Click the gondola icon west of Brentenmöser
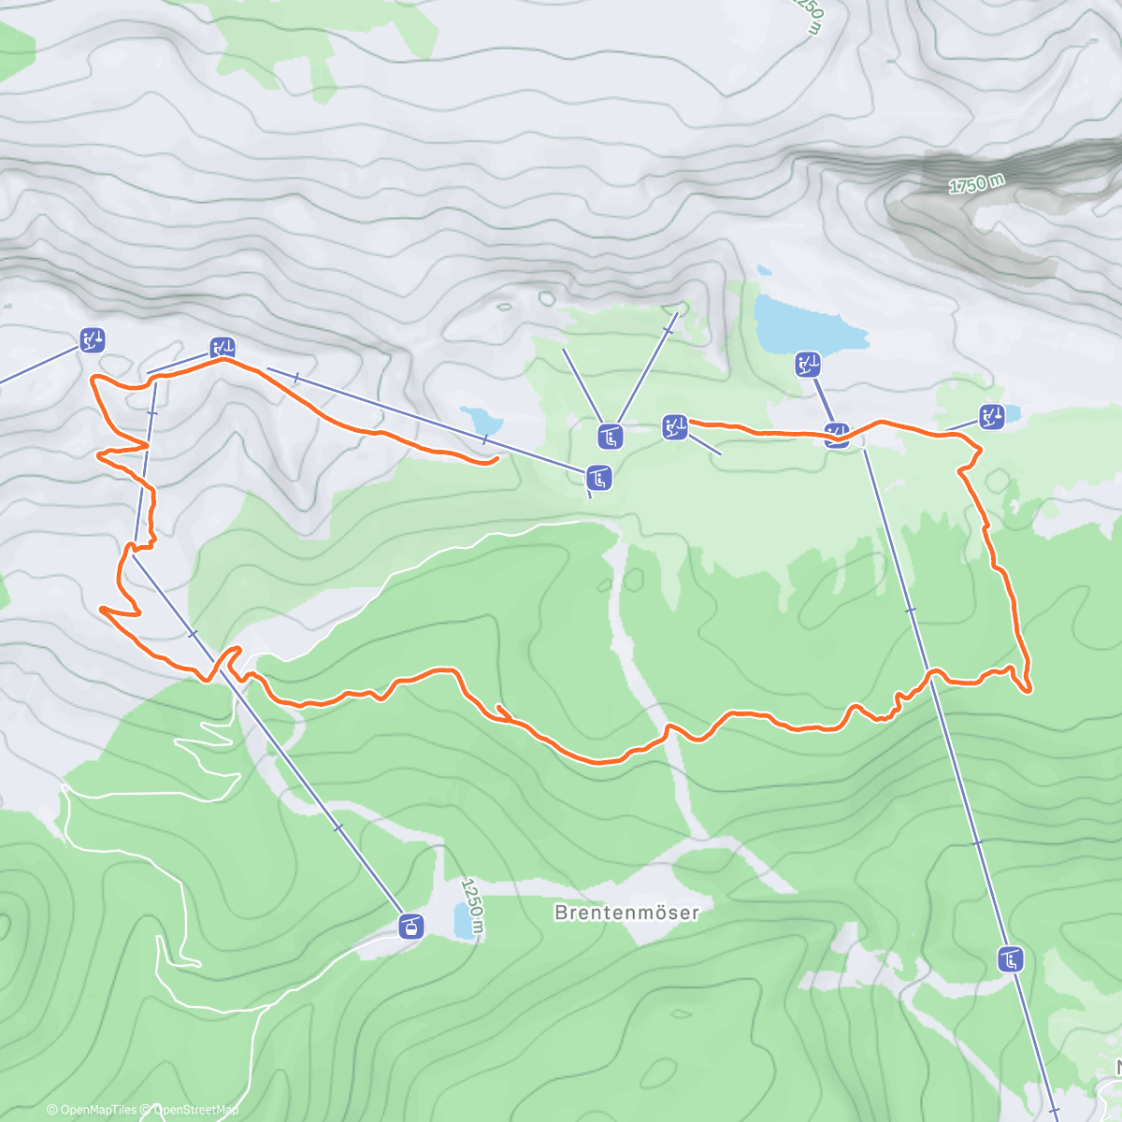tap(410, 926)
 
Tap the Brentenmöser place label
tap(626, 912)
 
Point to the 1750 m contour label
tap(976, 184)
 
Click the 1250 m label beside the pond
tap(475, 905)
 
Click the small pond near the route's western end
tap(480, 420)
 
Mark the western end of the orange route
tap(493, 459)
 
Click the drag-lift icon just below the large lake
tap(808, 365)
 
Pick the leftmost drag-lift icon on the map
tap(92, 340)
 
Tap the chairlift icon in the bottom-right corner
tap(1011, 959)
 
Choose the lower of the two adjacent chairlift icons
tap(599, 479)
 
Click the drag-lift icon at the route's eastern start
tap(674, 427)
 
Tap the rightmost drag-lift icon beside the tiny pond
tap(992, 416)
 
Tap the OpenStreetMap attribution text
tap(194, 1110)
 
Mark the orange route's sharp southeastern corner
tap(1028, 690)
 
